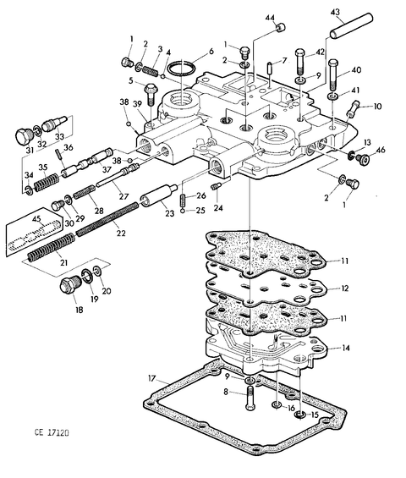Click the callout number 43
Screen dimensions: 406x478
[335, 13]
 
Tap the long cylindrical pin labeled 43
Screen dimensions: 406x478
[350, 25]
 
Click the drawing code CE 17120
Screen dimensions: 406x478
[52, 432]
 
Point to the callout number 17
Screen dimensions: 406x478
[151, 379]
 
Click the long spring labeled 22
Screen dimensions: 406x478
[107, 219]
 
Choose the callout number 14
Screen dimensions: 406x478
[345, 348]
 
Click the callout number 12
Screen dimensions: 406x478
[345, 288]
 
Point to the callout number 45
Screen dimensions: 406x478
[36, 219]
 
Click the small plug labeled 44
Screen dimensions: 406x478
[281, 28]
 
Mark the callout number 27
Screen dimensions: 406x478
[123, 196]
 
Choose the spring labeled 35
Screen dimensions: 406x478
[46, 183]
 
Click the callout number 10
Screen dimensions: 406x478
[377, 107]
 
